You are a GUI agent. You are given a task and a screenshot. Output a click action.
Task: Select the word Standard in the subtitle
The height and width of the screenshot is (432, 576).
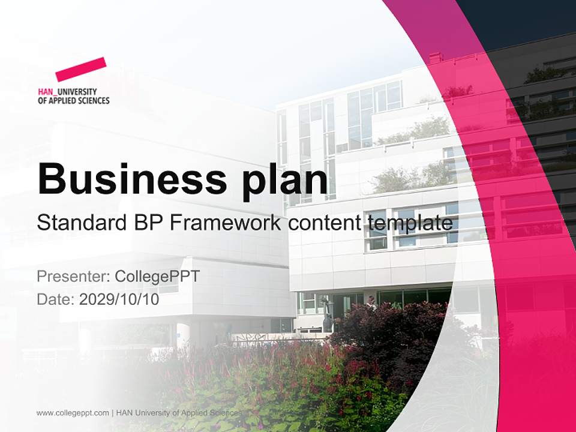pos(79,223)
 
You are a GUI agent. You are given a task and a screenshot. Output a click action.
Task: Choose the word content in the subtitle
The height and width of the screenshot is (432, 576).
pos(324,223)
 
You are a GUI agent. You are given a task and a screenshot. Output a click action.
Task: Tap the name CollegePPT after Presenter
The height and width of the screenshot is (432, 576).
pos(157,277)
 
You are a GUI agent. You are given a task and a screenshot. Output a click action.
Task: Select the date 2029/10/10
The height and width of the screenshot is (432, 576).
pos(119,299)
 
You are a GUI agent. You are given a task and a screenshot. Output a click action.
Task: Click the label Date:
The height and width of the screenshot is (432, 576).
pos(56,299)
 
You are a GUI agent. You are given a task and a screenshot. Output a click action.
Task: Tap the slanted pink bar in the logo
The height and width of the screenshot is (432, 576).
pos(81,69)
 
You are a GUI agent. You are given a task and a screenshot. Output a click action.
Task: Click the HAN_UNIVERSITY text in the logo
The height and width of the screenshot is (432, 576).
pos(67,92)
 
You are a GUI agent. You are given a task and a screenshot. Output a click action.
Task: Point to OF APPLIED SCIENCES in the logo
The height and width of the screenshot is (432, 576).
pos(73,101)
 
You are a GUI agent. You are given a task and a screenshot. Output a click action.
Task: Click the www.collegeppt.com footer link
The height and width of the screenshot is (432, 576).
pos(73,413)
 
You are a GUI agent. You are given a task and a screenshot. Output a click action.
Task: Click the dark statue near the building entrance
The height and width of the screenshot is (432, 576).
pos(327,315)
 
